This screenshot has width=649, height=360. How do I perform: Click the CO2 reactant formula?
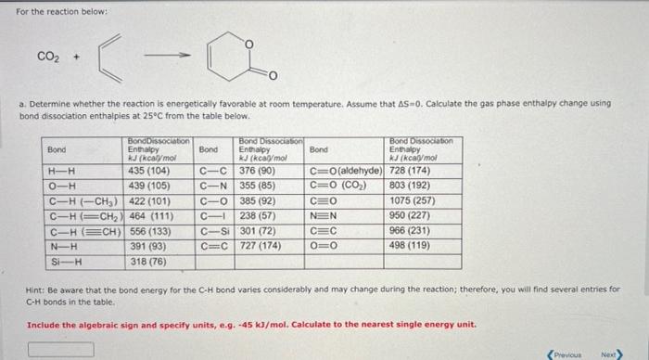pyautogui.click(x=49, y=55)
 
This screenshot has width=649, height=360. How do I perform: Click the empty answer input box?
pyautogui.click(x=61, y=350)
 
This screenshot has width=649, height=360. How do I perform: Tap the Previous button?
pyautogui.click(x=568, y=354)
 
